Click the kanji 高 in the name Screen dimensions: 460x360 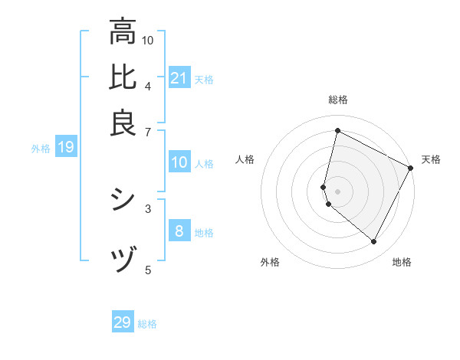click(123, 33)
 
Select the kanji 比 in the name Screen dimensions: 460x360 click(123, 78)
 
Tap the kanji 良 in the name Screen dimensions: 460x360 click(123, 123)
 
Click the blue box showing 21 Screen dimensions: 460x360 click(179, 78)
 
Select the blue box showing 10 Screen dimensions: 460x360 click(179, 162)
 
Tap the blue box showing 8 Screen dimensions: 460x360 click(179, 231)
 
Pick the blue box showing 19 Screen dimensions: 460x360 click(65, 147)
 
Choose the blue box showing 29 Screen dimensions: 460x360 click(123, 322)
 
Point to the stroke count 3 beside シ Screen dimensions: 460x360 click(147, 208)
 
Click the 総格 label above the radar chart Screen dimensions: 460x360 click(338, 100)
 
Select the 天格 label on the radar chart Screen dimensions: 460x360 click(431, 159)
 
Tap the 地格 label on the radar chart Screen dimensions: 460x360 click(402, 262)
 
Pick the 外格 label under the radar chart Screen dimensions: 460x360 click(270, 262)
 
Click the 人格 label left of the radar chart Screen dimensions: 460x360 click(245, 159)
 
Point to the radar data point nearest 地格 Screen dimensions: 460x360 click(374, 242)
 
